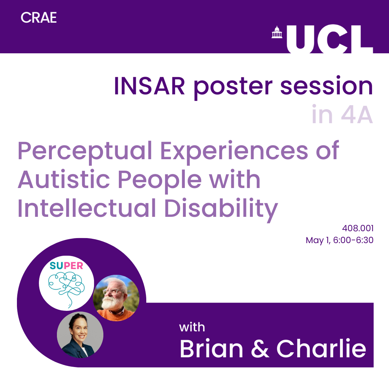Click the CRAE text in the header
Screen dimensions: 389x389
coord(39,18)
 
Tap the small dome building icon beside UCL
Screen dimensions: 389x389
coord(277,32)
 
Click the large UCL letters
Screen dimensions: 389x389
coord(330,39)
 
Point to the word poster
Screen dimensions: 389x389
coord(233,87)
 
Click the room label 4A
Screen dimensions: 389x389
coord(357,115)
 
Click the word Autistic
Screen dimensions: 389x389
coord(64,179)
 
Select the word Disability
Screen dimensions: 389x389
coord(221,209)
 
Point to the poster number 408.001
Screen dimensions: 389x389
coord(358,228)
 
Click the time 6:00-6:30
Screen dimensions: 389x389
coord(353,240)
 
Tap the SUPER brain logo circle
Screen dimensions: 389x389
coord(67,283)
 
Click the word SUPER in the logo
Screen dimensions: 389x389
coord(66,266)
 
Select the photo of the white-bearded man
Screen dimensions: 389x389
coord(116,298)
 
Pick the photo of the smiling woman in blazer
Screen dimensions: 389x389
coord(80,335)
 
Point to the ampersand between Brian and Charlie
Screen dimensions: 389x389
coord(260,348)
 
